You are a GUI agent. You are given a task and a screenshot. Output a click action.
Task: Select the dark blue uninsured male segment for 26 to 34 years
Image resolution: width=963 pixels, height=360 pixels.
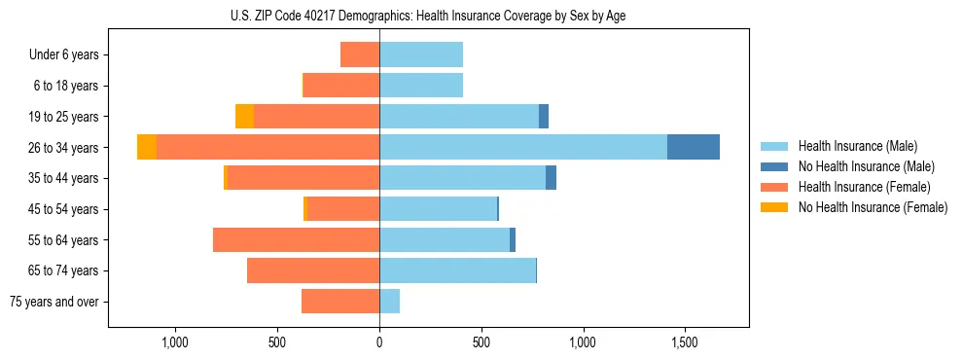click(693, 147)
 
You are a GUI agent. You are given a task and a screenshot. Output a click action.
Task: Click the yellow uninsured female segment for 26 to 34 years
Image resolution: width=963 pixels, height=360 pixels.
click(146, 147)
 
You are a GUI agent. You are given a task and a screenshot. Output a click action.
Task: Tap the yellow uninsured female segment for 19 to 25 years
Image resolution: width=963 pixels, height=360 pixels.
click(244, 116)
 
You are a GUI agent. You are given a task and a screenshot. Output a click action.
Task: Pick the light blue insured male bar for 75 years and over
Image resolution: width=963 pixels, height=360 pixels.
click(389, 302)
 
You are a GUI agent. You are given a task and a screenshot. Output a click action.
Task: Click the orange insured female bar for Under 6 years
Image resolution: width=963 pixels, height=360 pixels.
click(360, 54)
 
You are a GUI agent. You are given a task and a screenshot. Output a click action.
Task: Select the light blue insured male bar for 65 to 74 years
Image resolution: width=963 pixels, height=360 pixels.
click(457, 270)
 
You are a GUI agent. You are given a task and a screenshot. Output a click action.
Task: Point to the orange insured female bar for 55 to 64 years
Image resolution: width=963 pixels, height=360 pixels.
click(296, 239)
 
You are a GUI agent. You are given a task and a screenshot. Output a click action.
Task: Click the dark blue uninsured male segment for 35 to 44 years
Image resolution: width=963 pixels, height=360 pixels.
click(551, 178)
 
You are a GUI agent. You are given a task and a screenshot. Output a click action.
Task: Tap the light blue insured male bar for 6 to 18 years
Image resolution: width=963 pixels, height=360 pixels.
click(421, 86)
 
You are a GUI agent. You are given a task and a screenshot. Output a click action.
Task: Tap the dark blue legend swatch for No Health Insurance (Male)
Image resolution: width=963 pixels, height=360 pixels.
click(774, 166)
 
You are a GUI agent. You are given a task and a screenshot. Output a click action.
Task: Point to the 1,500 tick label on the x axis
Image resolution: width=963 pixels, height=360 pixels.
click(684, 342)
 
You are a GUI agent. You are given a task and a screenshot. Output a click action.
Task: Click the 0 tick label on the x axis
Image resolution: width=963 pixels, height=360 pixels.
click(379, 342)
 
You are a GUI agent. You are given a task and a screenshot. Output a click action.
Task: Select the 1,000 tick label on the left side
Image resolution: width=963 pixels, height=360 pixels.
click(175, 342)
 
